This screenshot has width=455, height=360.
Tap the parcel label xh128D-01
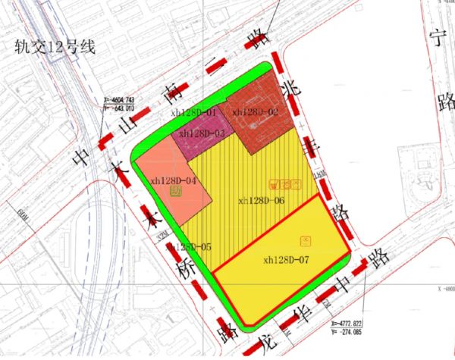[x=194, y=112]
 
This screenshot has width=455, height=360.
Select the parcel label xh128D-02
[x=256, y=112]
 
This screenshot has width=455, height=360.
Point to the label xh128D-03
[x=202, y=133]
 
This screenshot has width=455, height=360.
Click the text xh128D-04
[x=173, y=180]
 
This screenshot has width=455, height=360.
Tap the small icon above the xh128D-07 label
[x=306, y=240]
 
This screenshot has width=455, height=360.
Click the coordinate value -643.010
[x=121, y=108]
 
